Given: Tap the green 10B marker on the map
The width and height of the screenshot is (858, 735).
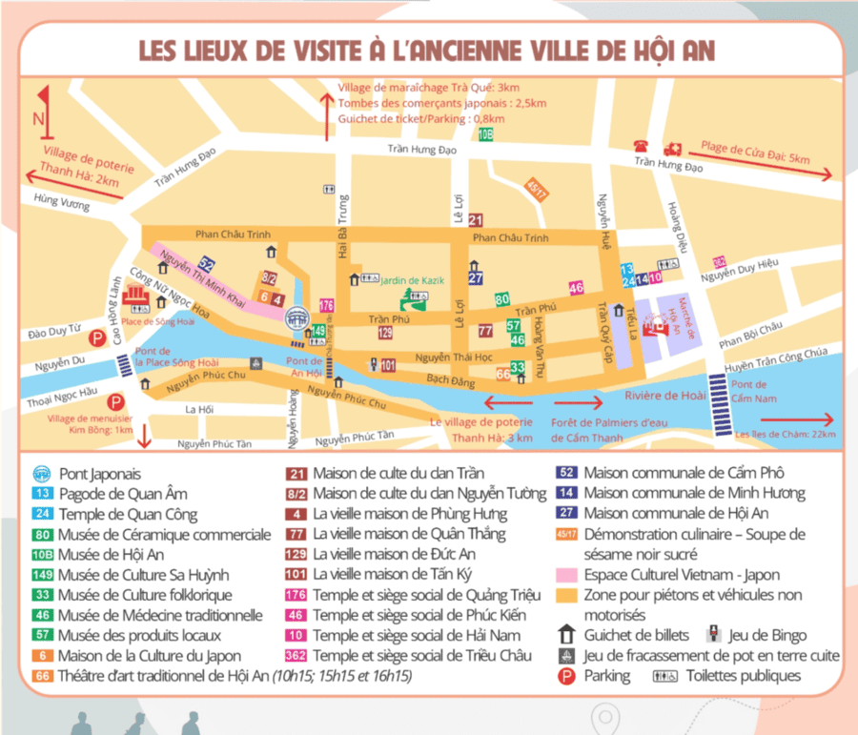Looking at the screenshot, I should [485, 134].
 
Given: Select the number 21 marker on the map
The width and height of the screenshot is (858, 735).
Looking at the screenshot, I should [476, 220].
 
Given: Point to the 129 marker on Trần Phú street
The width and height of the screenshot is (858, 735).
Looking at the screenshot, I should [385, 332].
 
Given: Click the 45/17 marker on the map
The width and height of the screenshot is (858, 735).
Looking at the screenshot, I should [537, 189].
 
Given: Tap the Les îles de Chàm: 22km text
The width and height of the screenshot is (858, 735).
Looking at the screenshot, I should [786, 435].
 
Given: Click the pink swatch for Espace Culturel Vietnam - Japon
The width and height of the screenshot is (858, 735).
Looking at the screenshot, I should [568, 575].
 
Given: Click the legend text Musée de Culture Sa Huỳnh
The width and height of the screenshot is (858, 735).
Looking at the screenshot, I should [143, 575].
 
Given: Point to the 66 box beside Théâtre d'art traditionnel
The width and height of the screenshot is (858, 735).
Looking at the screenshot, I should [42, 676].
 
